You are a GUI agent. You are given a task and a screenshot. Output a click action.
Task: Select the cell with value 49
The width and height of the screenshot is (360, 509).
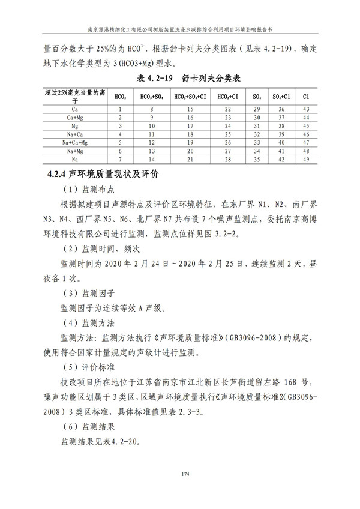pyautogui.click(x=305, y=160)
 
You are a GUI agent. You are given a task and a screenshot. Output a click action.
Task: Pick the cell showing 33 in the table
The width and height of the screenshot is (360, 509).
pyautogui.click(x=256, y=143)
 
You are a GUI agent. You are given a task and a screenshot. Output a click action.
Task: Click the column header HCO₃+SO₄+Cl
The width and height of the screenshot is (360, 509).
pyautogui.click(x=190, y=96)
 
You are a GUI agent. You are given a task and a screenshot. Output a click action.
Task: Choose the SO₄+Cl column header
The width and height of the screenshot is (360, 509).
pyautogui.click(x=281, y=96)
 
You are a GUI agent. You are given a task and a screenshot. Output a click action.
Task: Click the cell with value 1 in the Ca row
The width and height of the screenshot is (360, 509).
pyautogui.click(x=121, y=109)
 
